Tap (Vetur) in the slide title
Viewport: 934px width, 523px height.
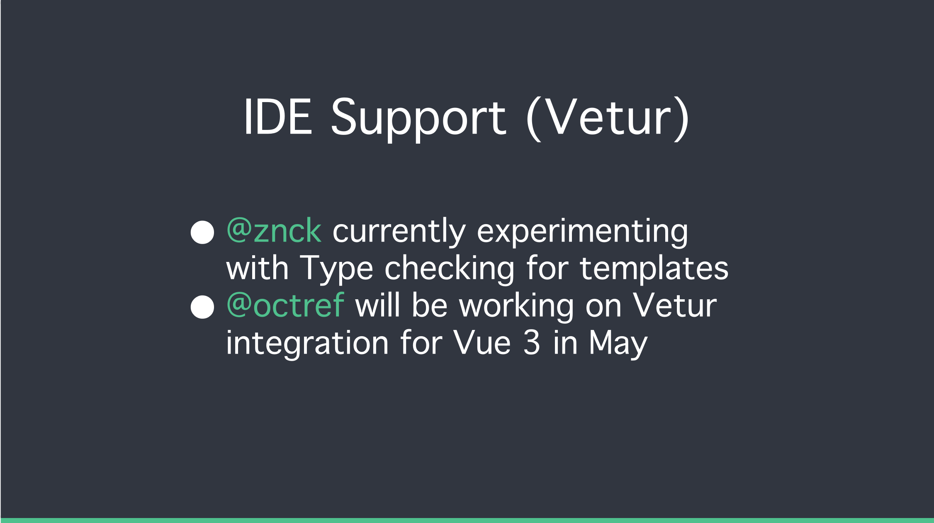(x=608, y=119)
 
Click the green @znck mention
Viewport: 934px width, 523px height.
(x=274, y=230)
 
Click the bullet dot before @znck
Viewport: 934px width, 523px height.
(x=202, y=232)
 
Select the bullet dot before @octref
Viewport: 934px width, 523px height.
(x=202, y=307)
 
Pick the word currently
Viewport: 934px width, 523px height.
(x=399, y=232)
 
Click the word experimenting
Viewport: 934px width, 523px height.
(x=582, y=232)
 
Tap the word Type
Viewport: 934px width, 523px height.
(x=336, y=269)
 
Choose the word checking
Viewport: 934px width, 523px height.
(x=450, y=269)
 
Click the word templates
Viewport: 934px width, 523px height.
(x=654, y=269)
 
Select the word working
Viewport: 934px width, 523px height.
(x=516, y=306)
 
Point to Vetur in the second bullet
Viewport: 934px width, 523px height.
(x=674, y=305)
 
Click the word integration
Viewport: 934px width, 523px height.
(x=307, y=343)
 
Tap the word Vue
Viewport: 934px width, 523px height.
(x=482, y=343)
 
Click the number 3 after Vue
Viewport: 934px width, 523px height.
(x=531, y=342)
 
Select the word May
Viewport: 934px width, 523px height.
(x=618, y=345)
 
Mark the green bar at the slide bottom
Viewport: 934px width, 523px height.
(x=467, y=521)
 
